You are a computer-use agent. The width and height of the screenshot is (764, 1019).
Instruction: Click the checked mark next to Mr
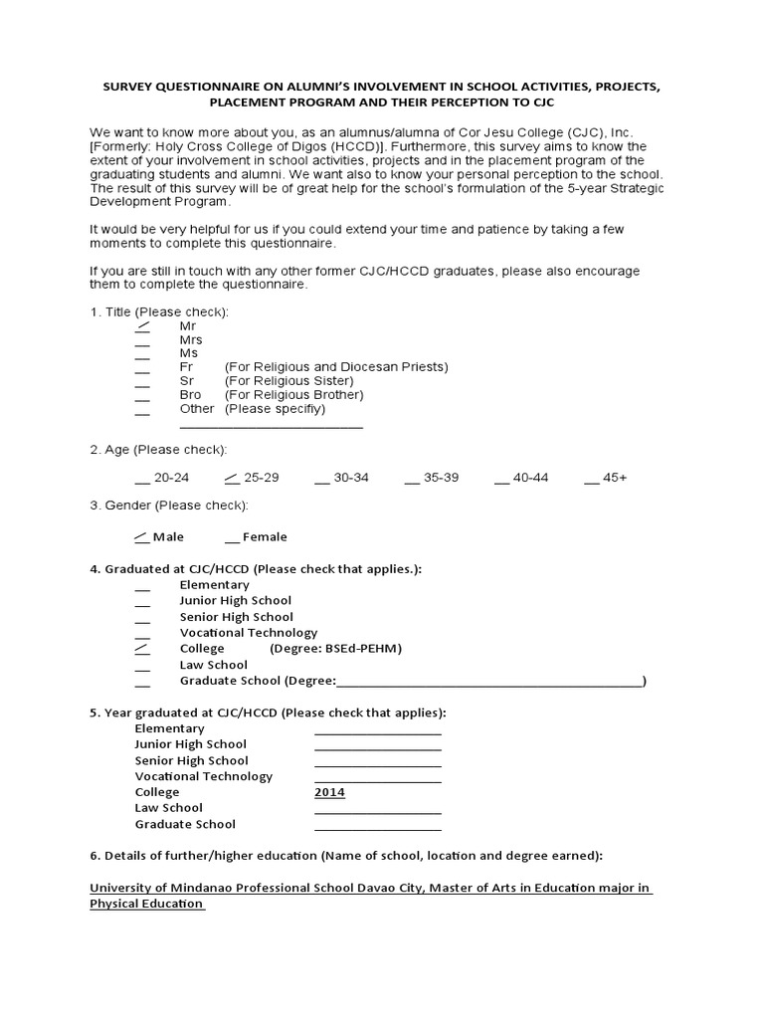[142, 326]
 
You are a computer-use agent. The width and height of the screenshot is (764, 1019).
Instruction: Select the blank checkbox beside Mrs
[142, 341]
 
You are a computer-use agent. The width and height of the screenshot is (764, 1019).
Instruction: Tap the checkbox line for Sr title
[142, 383]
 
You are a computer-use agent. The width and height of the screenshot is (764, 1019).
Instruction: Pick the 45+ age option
[592, 479]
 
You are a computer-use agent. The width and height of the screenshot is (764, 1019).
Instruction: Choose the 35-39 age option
[412, 479]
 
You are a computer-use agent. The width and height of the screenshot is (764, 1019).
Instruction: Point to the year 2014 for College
[329, 792]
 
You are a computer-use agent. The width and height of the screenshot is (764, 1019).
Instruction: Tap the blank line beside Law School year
[378, 810]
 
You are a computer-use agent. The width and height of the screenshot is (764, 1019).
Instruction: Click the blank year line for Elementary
[378, 730]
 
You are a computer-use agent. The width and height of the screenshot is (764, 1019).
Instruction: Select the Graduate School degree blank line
[489, 684]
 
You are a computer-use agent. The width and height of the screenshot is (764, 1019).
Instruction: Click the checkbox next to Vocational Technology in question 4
[142, 635]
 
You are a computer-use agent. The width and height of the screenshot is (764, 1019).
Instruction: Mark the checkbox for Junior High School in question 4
[142, 603]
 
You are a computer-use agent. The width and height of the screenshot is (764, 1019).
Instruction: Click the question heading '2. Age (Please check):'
[158, 450]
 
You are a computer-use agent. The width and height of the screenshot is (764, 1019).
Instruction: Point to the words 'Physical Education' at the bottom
[146, 904]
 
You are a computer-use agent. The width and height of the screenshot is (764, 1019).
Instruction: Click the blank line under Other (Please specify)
[271, 426]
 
